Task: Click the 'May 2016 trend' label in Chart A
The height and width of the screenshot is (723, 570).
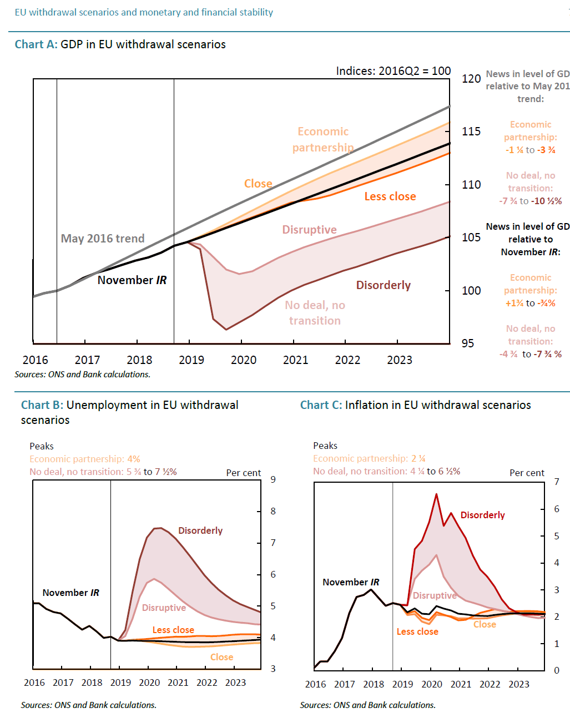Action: tap(103, 239)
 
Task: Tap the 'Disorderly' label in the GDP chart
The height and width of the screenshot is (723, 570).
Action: tap(384, 285)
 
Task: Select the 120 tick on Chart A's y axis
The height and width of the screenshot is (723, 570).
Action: tap(471, 79)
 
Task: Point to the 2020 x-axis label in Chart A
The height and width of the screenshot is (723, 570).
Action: tap(244, 360)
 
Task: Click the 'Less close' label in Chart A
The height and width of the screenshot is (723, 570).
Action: tap(390, 196)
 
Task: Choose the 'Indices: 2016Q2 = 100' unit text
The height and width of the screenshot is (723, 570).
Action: tap(393, 71)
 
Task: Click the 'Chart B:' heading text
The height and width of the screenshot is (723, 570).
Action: tap(42, 405)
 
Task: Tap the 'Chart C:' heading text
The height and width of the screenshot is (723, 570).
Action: tap(321, 405)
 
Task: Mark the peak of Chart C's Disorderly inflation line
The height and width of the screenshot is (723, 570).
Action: tap(436, 494)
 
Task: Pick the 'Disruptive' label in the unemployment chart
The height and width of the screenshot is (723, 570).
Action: tap(164, 608)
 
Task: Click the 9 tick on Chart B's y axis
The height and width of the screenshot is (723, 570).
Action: tap(273, 479)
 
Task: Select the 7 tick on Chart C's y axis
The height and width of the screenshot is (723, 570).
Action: tap(557, 482)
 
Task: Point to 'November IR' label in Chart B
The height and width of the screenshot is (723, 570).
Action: tap(70, 593)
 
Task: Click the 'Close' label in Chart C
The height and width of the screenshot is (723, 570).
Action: tap(485, 624)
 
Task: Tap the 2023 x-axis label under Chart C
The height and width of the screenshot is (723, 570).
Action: tap(519, 684)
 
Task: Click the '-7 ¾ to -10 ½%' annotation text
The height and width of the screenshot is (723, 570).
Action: tap(531, 201)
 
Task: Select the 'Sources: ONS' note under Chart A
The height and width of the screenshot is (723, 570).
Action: tap(82, 375)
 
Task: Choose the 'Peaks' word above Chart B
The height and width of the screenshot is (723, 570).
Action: tap(42, 446)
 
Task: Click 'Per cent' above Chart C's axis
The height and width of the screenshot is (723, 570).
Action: tap(527, 473)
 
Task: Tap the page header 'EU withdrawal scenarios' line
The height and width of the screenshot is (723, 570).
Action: tap(144, 12)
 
